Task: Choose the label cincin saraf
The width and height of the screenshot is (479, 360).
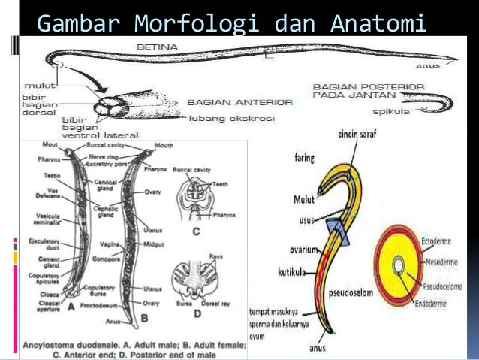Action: pyautogui.click(x=357, y=135)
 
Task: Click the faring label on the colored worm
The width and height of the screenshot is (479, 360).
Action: pyautogui.click(x=303, y=159)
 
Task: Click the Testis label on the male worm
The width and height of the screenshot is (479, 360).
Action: pyautogui.click(x=53, y=175)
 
